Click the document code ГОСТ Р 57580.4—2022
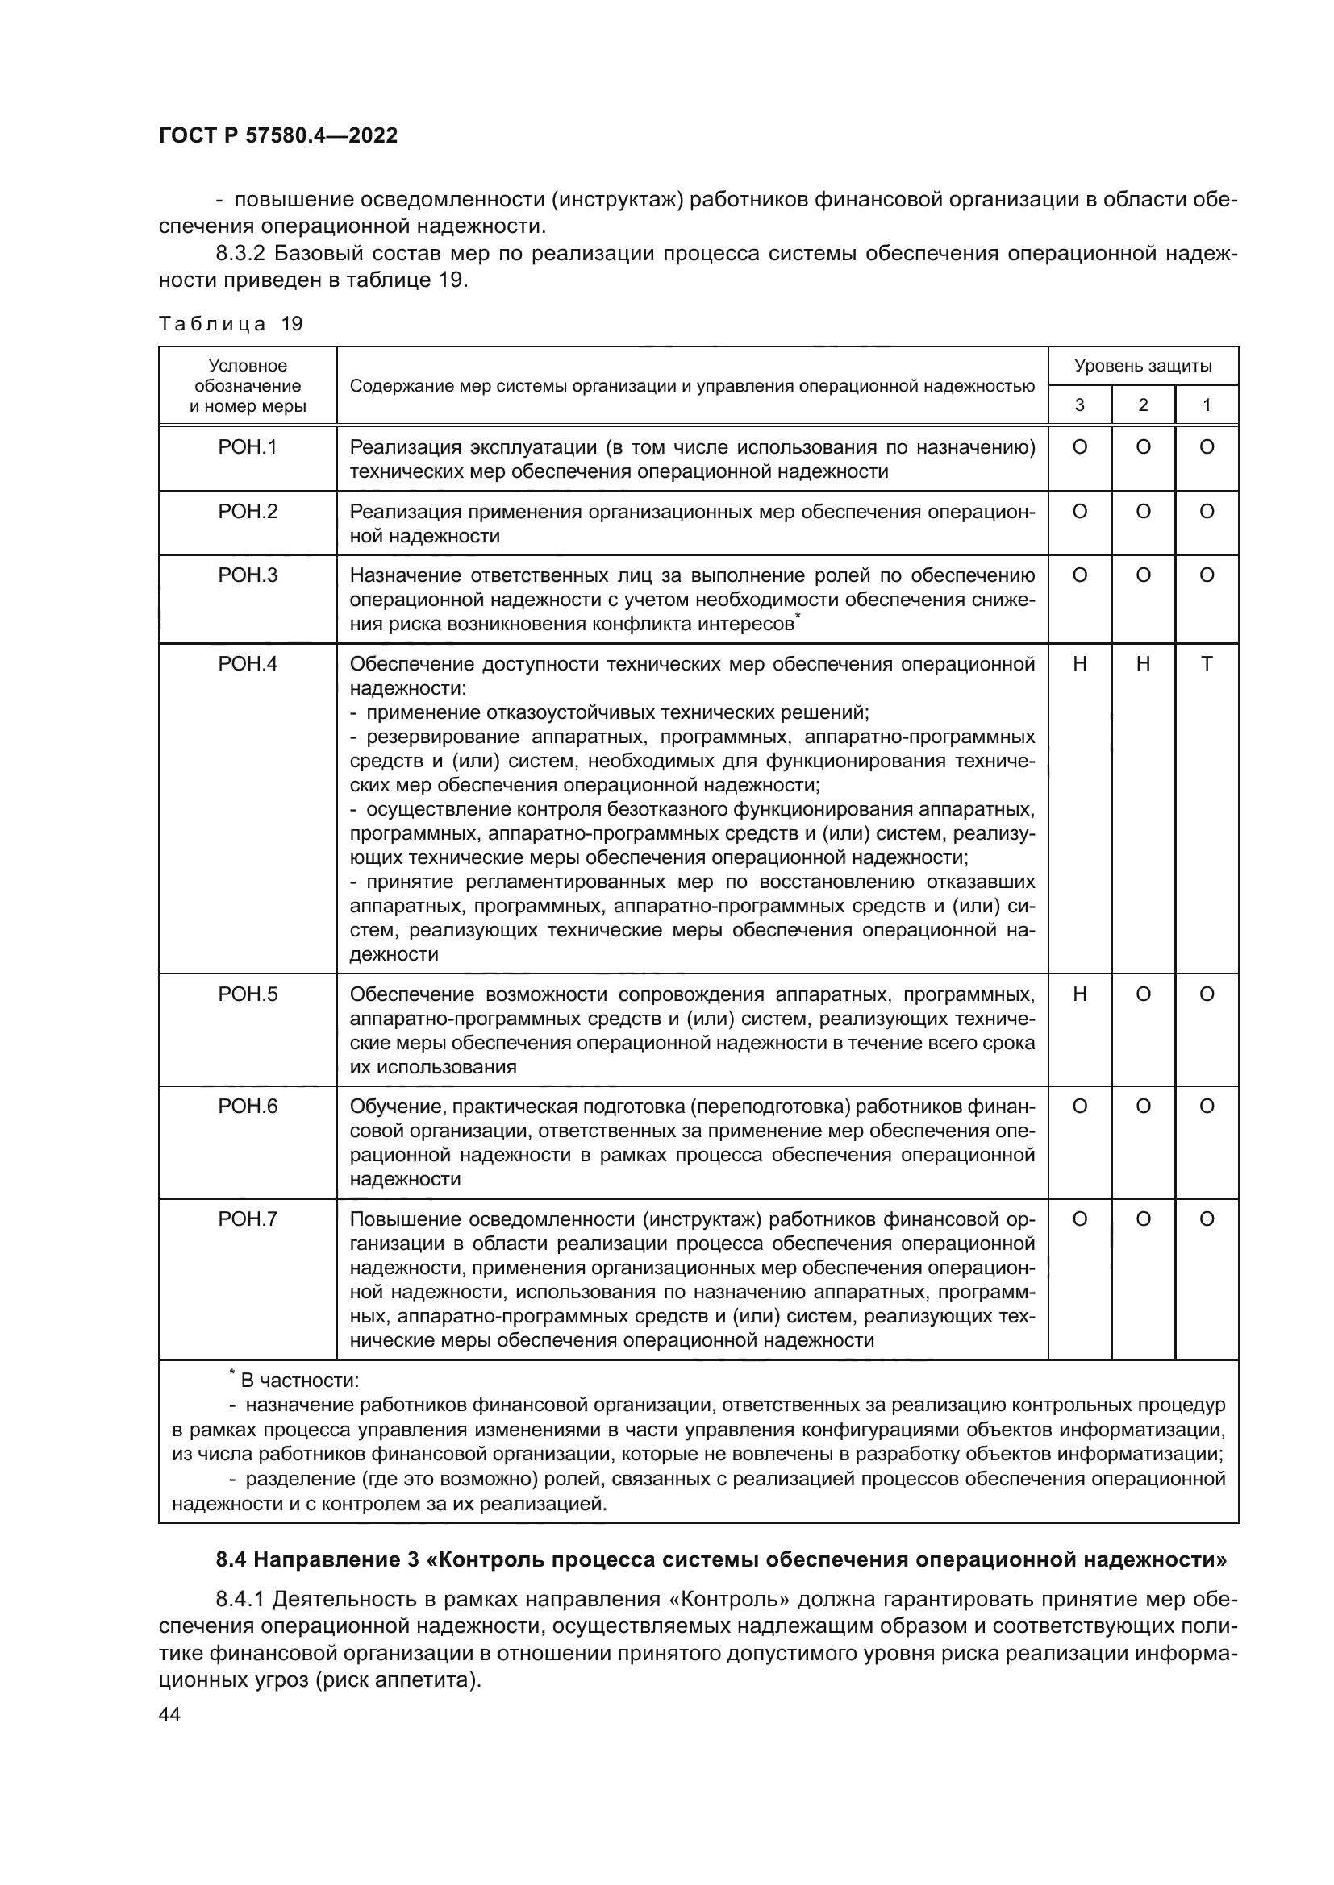(277, 136)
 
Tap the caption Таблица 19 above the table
(231, 323)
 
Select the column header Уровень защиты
(1143, 366)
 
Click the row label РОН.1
(248, 447)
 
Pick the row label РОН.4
(248, 663)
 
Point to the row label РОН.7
(248, 1219)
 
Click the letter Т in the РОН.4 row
(1206, 663)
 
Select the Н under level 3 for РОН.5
(1079, 994)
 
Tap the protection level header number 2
(1143, 405)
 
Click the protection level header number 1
(1206, 405)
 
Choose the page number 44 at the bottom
(169, 1715)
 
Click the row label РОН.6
(248, 1107)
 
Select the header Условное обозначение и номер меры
(248, 386)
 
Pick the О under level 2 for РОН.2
(1143, 512)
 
